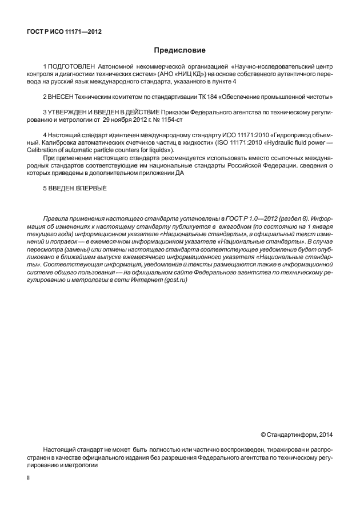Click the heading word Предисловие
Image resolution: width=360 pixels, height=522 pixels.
point(180,50)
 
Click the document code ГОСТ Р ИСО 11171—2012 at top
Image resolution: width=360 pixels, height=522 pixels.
point(64,31)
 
